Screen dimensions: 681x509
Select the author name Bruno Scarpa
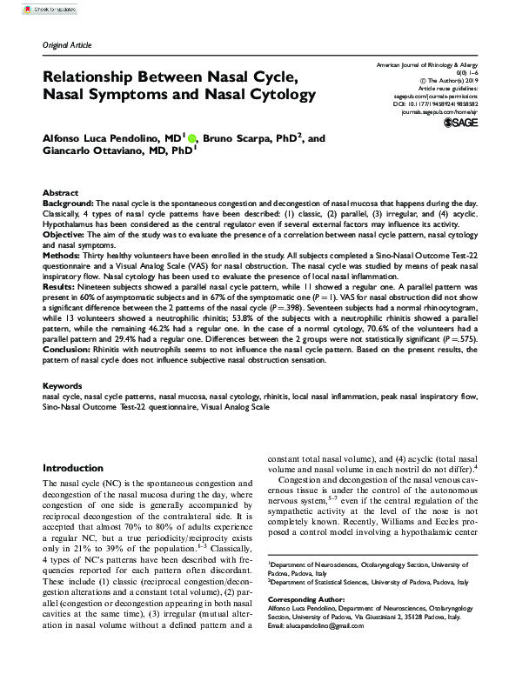[247, 137]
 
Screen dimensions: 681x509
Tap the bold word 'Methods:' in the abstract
[64, 257]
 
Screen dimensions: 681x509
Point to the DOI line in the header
[430, 101]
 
